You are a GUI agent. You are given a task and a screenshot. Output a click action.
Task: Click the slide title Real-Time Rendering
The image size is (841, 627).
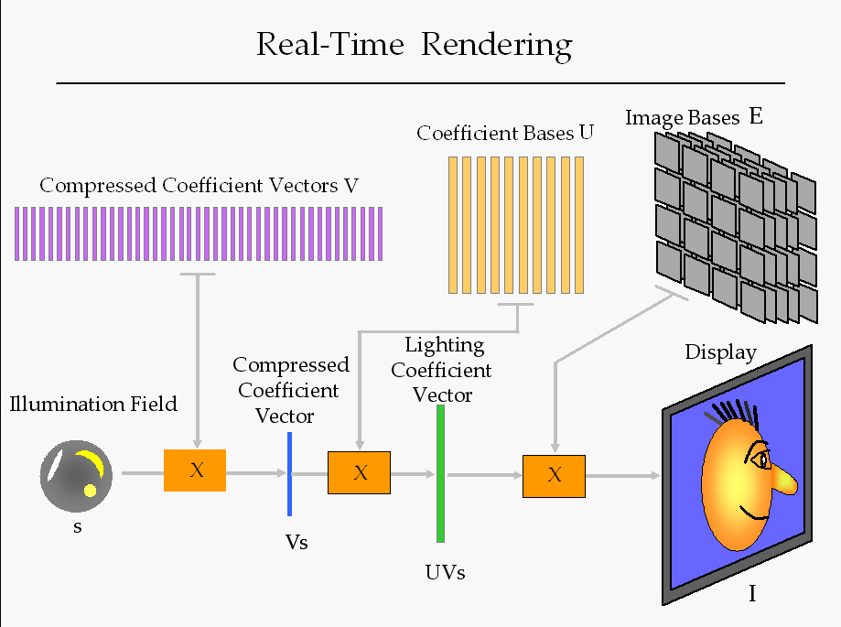(x=414, y=45)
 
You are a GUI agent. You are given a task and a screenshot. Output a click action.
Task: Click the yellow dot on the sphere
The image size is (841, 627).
(x=91, y=490)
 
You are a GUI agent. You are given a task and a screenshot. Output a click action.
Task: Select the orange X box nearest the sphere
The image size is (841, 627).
(x=195, y=470)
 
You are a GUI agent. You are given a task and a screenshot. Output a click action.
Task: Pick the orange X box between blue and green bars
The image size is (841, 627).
(x=359, y=472)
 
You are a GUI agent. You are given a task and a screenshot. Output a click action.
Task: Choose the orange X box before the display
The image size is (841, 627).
(x=554, y=475)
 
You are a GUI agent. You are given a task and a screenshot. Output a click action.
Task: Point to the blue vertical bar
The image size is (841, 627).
(x=289, y=473)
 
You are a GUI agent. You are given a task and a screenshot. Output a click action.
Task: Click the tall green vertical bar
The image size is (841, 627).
(x=440, y=473)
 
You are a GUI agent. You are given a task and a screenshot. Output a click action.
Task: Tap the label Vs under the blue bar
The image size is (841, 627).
(x=296, y=542)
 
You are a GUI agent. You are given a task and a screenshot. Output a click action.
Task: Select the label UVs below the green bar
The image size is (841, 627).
(x=445, y=573)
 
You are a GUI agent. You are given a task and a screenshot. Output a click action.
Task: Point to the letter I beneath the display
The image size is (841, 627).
(x=752, y=594)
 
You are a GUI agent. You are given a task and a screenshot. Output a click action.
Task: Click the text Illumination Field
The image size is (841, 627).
(x=93, y=404)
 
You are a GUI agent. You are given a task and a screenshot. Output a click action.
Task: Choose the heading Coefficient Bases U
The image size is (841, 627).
(x=505, y=134)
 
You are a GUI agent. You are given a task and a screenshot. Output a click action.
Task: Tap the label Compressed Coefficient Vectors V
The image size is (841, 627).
(x=199, y=186)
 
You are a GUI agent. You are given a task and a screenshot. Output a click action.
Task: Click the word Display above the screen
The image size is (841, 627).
(x=721, y=352)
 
